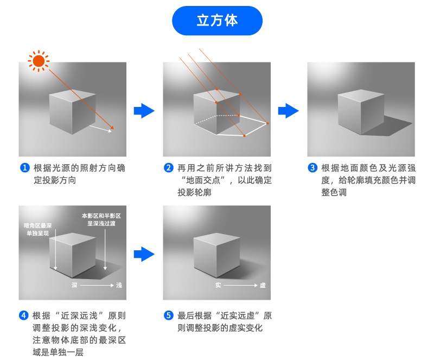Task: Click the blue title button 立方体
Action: [217, 21]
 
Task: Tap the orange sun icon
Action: [39, 61]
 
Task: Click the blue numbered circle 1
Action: [24, 168]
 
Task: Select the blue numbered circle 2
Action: [169, 168]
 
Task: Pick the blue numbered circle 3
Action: [312, 168]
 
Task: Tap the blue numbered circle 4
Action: [24, 315]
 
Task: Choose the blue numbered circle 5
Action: [169, 315]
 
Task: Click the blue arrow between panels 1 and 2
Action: [144, 111]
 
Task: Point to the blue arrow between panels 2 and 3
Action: [288, 111]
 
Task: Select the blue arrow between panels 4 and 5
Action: [144, 254]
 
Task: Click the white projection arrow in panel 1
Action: [100, 129]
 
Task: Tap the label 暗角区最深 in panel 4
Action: [37, 225]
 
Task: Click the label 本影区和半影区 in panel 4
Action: [101, 216]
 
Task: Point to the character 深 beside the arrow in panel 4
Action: [74, 285]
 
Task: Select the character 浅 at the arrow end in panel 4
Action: [119, 285]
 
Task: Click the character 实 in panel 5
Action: [218, 285]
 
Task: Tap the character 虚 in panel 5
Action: [263, 285]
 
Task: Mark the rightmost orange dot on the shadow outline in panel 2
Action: [267, 123]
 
